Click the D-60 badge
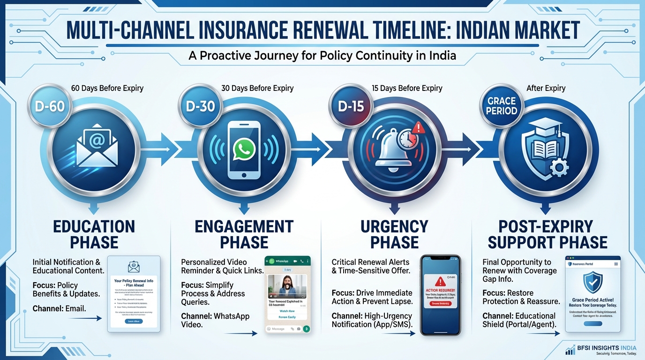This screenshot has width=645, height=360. click(x=49, y=106)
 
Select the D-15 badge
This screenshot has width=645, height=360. click(x=351, y=106)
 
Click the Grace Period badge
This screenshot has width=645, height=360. click(x=502, y=106)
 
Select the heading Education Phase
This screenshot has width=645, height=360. click(x=94, y=234)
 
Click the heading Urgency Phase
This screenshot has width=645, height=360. click(x=394, y=234)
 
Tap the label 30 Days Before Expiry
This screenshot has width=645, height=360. click(x=257, y=88)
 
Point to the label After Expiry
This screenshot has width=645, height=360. click(x=546, y=88)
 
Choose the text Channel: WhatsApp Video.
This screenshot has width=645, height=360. click(x=215, y=320)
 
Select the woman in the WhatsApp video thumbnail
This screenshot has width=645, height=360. click(x=286, y=286)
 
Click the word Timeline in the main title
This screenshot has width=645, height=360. click(x=399, y=30)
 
